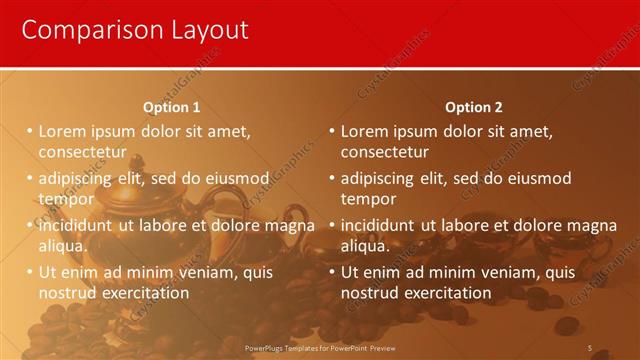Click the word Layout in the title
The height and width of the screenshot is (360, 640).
[x=200, y=32]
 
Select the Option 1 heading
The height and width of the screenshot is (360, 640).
[x=171, y=107]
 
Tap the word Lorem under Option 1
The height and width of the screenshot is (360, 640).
[x=64, y=131]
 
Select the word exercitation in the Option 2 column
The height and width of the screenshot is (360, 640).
[x=446, y=293]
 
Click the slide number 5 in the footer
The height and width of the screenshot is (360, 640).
[x=589, y=348]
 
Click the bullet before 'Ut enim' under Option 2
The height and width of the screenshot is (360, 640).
[x=332, y=272]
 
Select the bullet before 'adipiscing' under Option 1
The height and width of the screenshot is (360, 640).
[x=30, y=178]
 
